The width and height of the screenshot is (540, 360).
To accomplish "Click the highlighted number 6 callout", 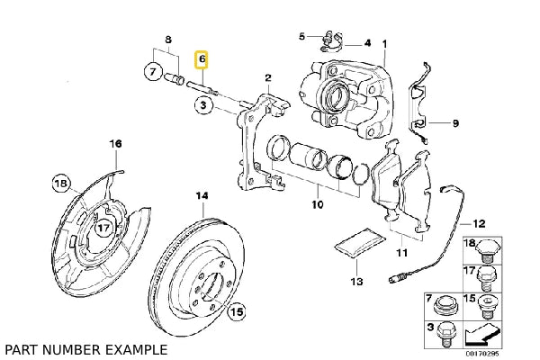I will tap(202, 60).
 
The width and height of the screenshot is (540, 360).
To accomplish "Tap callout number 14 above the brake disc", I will tap(202, 195).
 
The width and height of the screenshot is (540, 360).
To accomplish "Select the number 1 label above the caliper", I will tap(384, 43).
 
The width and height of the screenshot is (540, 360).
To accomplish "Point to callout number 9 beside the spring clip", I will tap(455, 122).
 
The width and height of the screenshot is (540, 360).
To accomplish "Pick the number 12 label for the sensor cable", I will tap(480, 222).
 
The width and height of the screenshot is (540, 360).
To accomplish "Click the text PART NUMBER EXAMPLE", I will tap(85, 347).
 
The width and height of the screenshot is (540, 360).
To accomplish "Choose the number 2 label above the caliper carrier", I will tap(267, 79).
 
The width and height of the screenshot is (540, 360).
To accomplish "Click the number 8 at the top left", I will tap(166, 40).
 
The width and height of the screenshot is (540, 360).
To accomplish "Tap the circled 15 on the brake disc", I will tap(237, 313).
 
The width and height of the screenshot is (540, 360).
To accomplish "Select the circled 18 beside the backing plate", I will tap(61, 184).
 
